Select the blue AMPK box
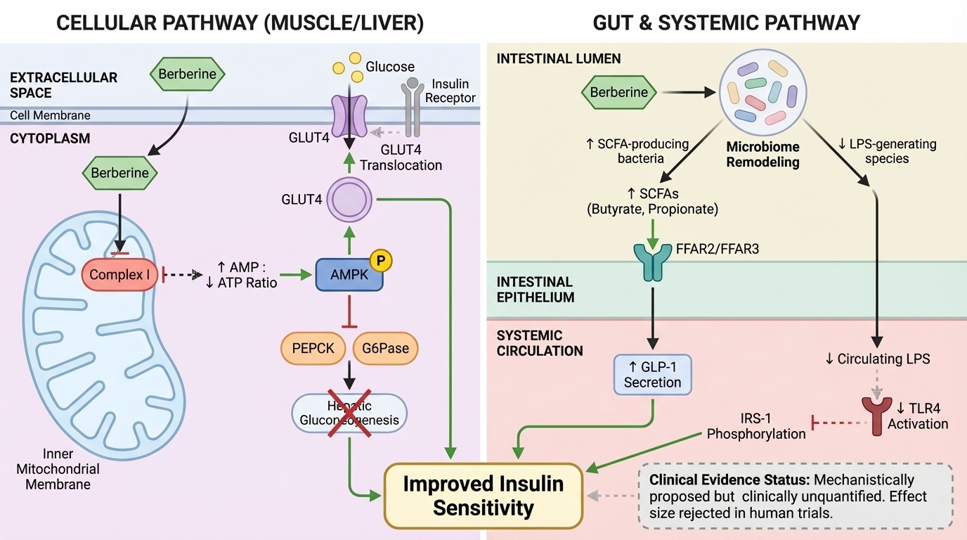[349, 275]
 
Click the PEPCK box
[313, 349]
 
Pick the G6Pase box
[385, 349]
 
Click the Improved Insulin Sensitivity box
[483, 496]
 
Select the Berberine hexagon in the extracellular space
[187, 75]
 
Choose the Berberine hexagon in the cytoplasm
[119, 173]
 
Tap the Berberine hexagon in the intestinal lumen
[619, 92]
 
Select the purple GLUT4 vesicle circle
[349, 199]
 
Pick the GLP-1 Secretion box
[652, 373]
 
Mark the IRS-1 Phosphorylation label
[756, 425]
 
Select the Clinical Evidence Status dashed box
[794, 496]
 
